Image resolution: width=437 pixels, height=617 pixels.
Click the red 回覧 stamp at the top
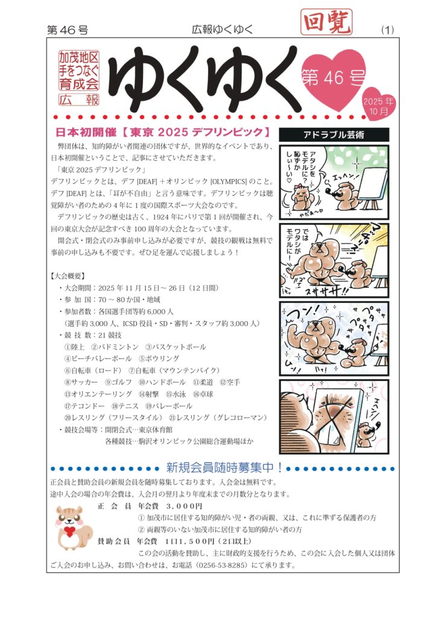point(326,22)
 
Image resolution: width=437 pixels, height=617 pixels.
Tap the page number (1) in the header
point(388,30)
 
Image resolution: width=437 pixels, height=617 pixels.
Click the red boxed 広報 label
point(79,99)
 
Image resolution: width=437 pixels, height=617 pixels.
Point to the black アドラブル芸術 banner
point(334,134)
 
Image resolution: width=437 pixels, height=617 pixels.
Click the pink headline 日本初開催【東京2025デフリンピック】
point(163,132)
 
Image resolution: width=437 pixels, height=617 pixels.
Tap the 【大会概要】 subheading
point(68,276)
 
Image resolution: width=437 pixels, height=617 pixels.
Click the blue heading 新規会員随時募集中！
point(224,468)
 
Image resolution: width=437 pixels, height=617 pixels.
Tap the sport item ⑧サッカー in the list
point(81,382)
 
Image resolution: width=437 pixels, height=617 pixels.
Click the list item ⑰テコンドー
point(84,406)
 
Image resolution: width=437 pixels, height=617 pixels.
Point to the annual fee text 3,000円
point(184,506)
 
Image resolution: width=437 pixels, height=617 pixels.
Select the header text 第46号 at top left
point(68,30)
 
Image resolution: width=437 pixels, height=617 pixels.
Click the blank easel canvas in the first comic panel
point(372,184)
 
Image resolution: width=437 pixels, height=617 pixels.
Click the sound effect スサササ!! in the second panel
point(322,292)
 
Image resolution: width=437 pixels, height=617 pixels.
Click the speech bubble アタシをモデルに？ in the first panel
point(304,162)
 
